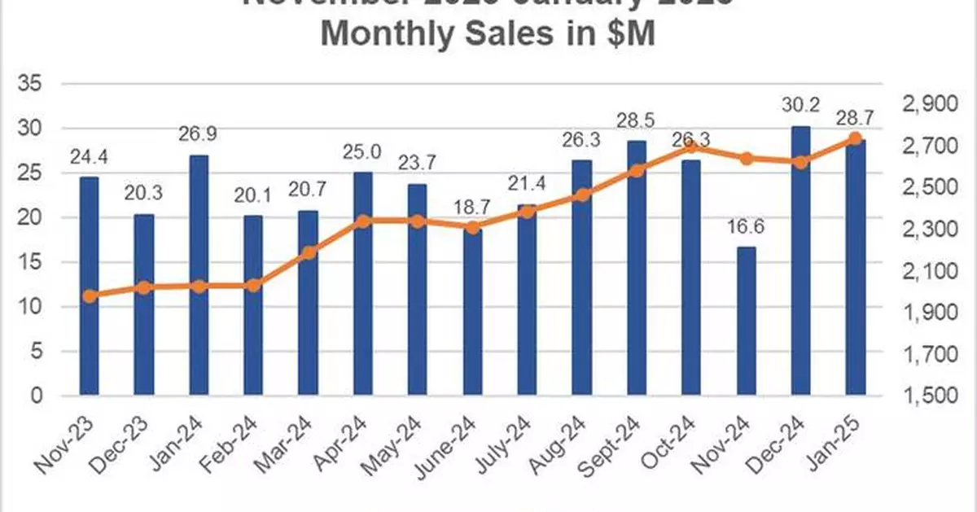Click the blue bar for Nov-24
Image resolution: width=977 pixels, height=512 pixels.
pyautogui.click(x=746, y=322)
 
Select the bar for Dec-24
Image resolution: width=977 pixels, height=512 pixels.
pyautogui.click(x=800, y=261)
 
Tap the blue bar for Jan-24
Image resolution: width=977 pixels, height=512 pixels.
pyautogui.click(x=199, y=276)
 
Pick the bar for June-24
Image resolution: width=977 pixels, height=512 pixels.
pyautogui.click(x=472, y=313)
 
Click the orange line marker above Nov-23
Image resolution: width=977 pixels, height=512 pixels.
pyautogui.click(x=90, y=296)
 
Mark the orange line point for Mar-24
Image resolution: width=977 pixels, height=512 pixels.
pyautogui.click(x=308, y=252)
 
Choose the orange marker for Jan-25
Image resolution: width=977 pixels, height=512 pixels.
pyautogui.click(x=855, y=138)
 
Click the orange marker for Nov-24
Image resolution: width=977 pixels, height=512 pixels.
pyautogui.click(x=746, y=158)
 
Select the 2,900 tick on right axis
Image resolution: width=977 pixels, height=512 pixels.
pyautogui.click(x=928, y=105)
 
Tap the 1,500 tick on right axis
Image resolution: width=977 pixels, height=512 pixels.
pyautogui.click(x=928, y=396)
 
